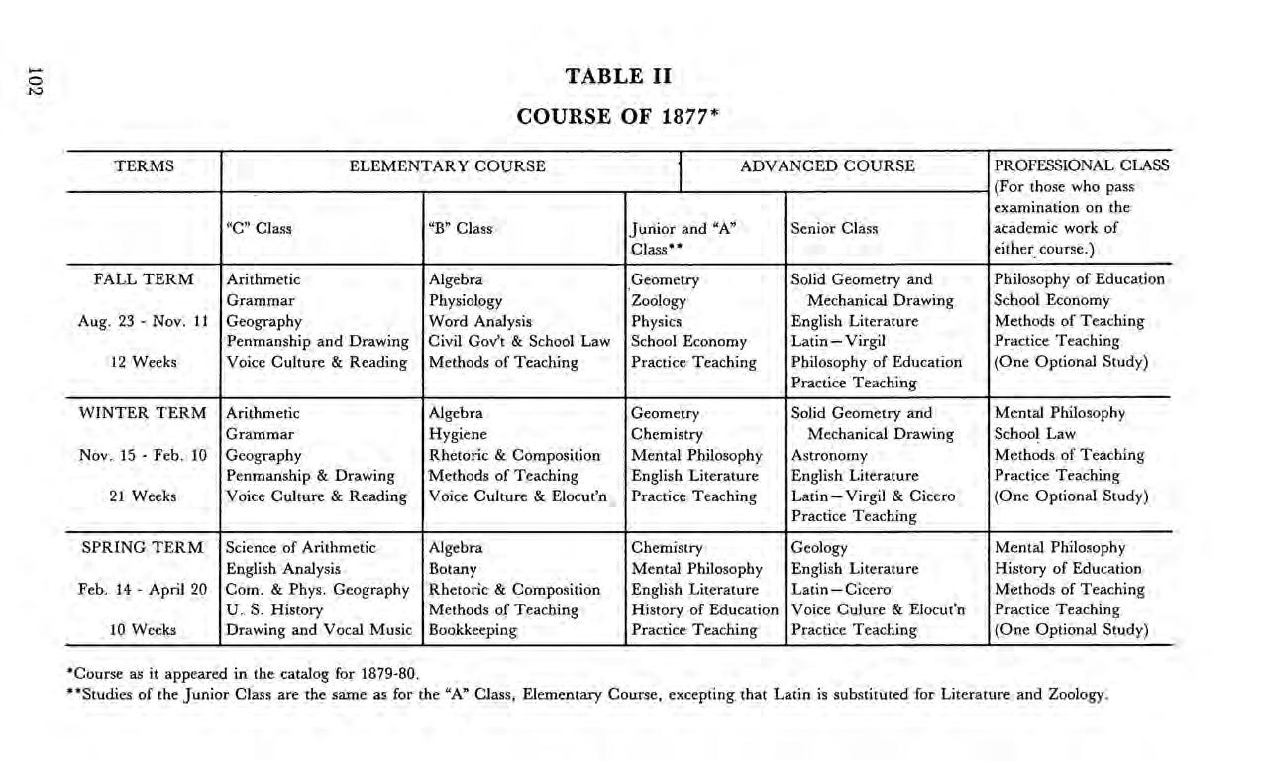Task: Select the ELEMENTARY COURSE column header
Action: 447,166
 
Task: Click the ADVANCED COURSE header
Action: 828,166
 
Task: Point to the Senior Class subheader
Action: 834,229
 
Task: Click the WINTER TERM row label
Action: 142,413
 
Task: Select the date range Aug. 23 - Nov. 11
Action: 142,321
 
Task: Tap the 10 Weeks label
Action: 142,630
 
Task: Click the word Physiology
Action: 466,300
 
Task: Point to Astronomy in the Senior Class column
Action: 829,455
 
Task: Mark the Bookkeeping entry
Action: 473,630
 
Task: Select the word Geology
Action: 819,548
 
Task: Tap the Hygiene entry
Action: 458,434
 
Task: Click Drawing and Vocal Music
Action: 317,630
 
